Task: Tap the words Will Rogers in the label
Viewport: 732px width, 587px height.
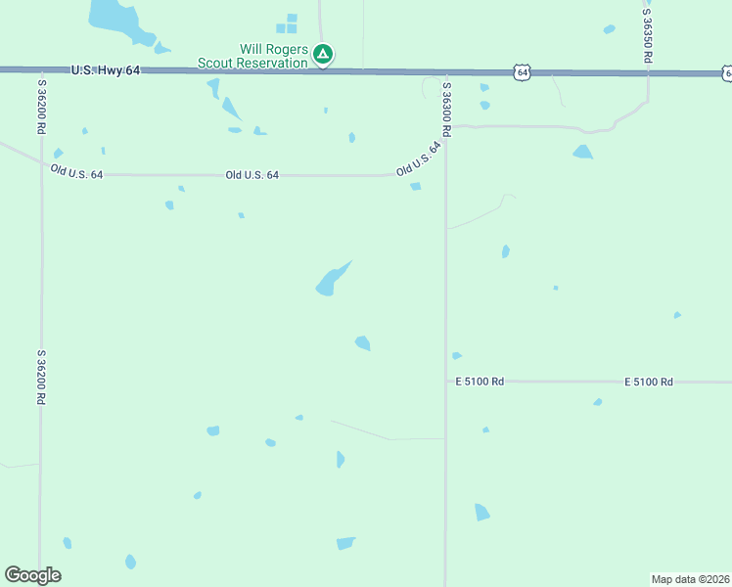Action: [274, 50]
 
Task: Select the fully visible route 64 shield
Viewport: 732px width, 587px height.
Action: [524, 72]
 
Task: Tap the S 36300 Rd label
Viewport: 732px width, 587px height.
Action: [446, 108]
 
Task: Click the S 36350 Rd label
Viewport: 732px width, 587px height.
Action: [648, 32]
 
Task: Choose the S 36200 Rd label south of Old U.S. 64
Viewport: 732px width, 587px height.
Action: [42, 377]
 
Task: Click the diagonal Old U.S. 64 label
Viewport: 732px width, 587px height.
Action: [419, 158]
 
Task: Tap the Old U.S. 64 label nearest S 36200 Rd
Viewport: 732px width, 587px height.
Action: [76, 172]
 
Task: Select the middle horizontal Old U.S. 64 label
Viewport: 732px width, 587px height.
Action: [252, 175]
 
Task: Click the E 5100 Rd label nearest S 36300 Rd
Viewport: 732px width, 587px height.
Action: [480, 381]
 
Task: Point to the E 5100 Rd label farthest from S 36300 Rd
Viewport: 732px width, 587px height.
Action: [649, 381]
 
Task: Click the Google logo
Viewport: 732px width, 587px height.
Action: [32, 575]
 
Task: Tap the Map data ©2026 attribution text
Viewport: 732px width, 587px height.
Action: [691, 579]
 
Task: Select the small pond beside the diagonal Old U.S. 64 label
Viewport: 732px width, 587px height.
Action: [416, 186]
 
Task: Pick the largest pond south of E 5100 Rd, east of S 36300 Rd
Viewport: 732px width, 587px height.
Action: [481, 512]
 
